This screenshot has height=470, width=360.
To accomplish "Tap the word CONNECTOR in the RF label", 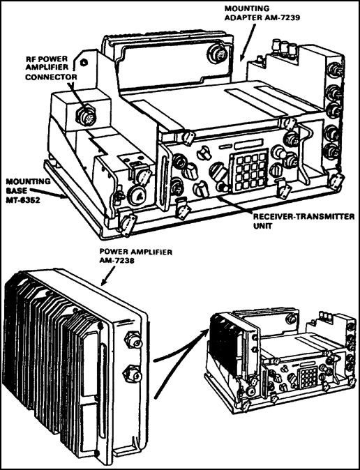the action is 51,77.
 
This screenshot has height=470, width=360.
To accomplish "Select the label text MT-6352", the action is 23,200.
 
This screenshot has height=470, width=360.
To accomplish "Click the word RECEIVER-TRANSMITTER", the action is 303,217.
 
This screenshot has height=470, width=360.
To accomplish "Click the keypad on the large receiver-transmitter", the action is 248,173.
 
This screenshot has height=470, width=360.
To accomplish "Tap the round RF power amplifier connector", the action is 86,115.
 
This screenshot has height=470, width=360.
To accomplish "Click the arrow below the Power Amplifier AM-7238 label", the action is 109,275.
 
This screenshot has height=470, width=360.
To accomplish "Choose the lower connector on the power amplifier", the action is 132,374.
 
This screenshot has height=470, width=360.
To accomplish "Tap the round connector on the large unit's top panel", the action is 216,53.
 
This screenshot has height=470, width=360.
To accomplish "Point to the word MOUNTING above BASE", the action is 28,181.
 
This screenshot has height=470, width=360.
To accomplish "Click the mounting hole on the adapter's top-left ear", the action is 84,62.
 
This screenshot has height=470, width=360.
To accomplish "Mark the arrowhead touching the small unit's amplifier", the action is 206,331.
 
